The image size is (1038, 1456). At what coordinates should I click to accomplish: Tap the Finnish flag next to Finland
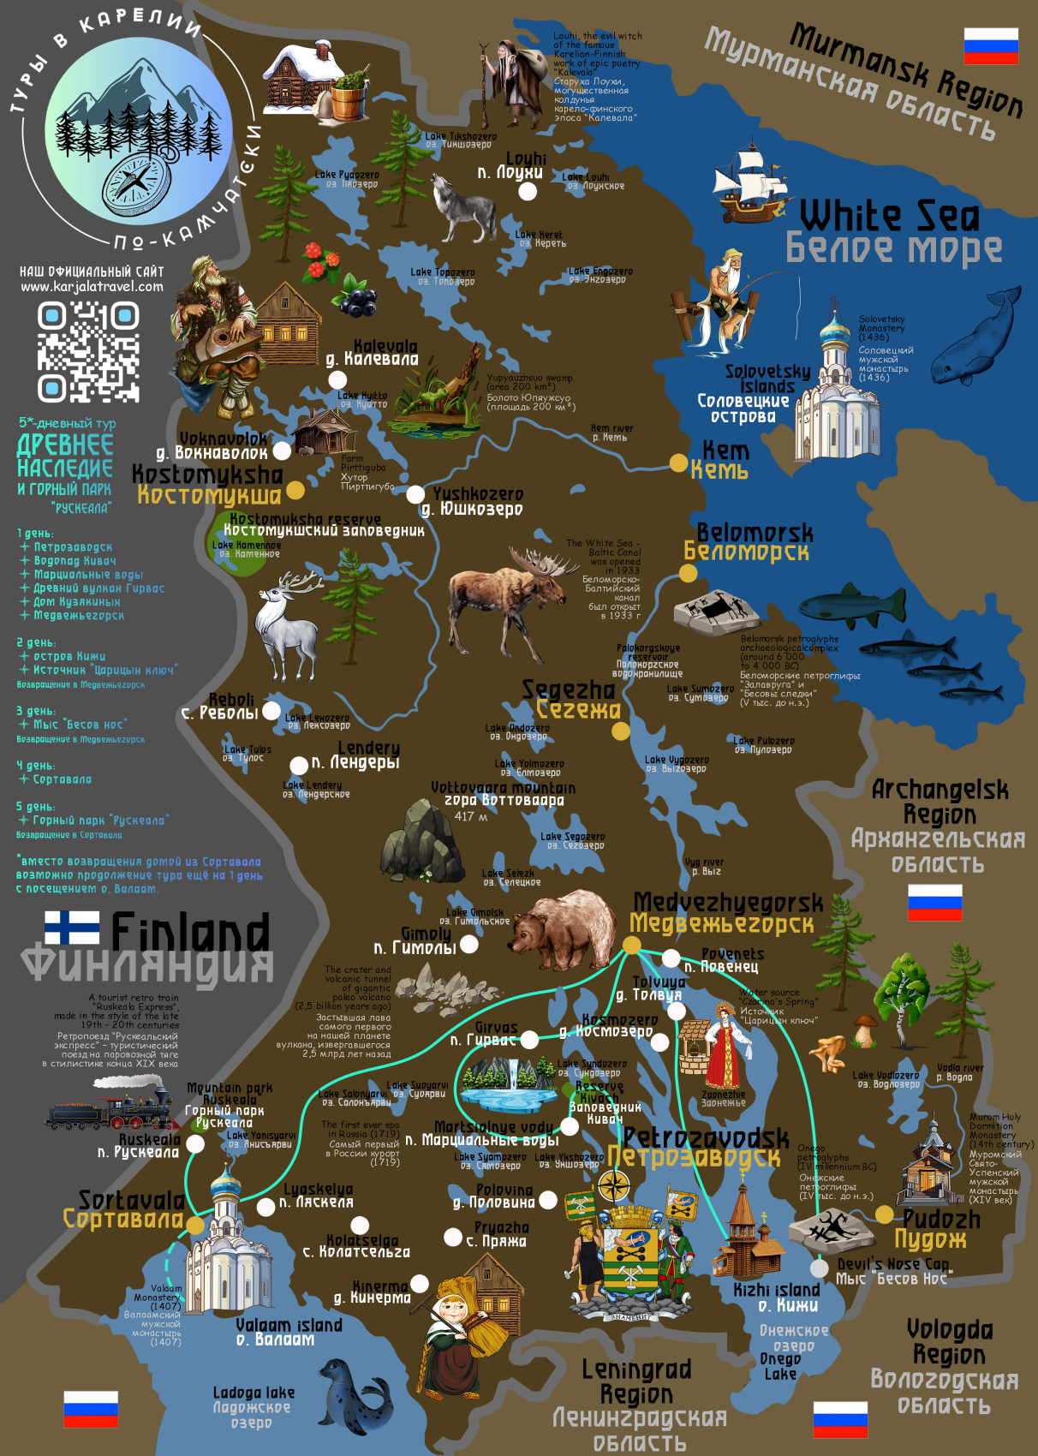tap(72, 928)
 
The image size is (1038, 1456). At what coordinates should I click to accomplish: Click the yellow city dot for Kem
tap(678, 463)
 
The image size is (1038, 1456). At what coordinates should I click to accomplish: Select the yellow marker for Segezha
tap(620, 731)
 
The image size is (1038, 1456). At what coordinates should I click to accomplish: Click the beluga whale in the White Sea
tap(976, 339)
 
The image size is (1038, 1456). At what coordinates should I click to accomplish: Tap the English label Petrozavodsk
tap(706, 1137)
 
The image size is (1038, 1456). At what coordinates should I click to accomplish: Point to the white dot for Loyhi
tap(528, 191)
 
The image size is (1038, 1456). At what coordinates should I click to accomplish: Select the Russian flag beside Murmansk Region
tap(990, 46)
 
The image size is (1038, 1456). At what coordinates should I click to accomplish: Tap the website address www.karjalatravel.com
tap(92, 287)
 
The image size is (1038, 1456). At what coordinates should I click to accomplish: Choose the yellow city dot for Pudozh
tap(884, 1214)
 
